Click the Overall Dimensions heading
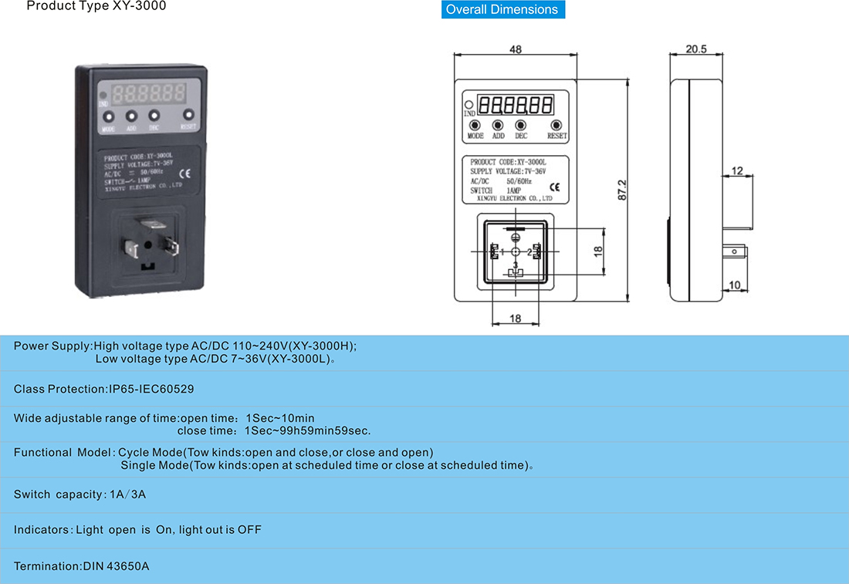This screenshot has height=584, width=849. tap(502, 10)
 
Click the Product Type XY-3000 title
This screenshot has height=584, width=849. tap(96, 6)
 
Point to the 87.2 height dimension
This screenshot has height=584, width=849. tap(622, 191)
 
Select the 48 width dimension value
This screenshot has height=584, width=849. tap(516, 49)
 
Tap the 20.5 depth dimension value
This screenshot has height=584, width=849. tap(696, 49)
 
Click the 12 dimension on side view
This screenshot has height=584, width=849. tap(738, 171)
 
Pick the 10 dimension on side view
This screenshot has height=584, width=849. tap(734, 285)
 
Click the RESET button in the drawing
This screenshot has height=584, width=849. tap(556, 125)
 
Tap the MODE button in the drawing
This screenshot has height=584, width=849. tap(475, 125)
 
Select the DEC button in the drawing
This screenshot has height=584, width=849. tap(521, 125)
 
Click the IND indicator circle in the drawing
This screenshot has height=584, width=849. tap(468, 104)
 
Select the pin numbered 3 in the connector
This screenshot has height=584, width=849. tap(516, 272)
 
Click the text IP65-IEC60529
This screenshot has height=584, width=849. tap(151, 389)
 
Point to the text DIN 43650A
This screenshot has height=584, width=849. tap(116, 566)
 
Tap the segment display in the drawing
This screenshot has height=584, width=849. tap(515, 104)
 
